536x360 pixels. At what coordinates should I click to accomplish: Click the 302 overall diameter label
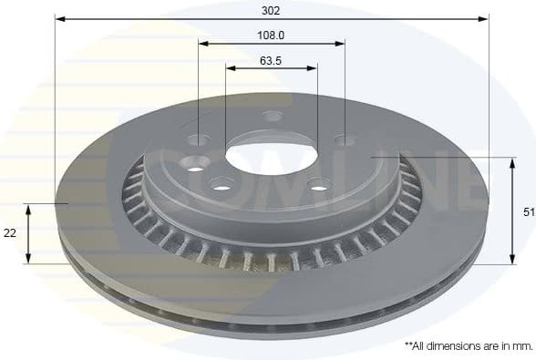point(271,10)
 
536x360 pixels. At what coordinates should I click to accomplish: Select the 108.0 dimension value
point(271,36)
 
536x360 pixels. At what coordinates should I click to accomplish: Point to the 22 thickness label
point(10,233)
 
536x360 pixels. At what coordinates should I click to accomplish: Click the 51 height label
point(526,211)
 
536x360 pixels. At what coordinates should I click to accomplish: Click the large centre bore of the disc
point(271,155)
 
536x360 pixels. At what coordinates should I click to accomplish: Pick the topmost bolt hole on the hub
point(273,116)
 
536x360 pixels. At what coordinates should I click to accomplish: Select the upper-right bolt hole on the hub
point(344,140)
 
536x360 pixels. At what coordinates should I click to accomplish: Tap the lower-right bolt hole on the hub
point(318,188)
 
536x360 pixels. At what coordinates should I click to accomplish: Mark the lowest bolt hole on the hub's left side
point(222,185)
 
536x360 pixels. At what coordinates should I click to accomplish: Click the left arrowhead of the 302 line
point(59,18)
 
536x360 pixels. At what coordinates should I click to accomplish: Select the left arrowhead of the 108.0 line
point(203,43)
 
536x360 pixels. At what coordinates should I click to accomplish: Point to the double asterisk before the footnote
point(407,345)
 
